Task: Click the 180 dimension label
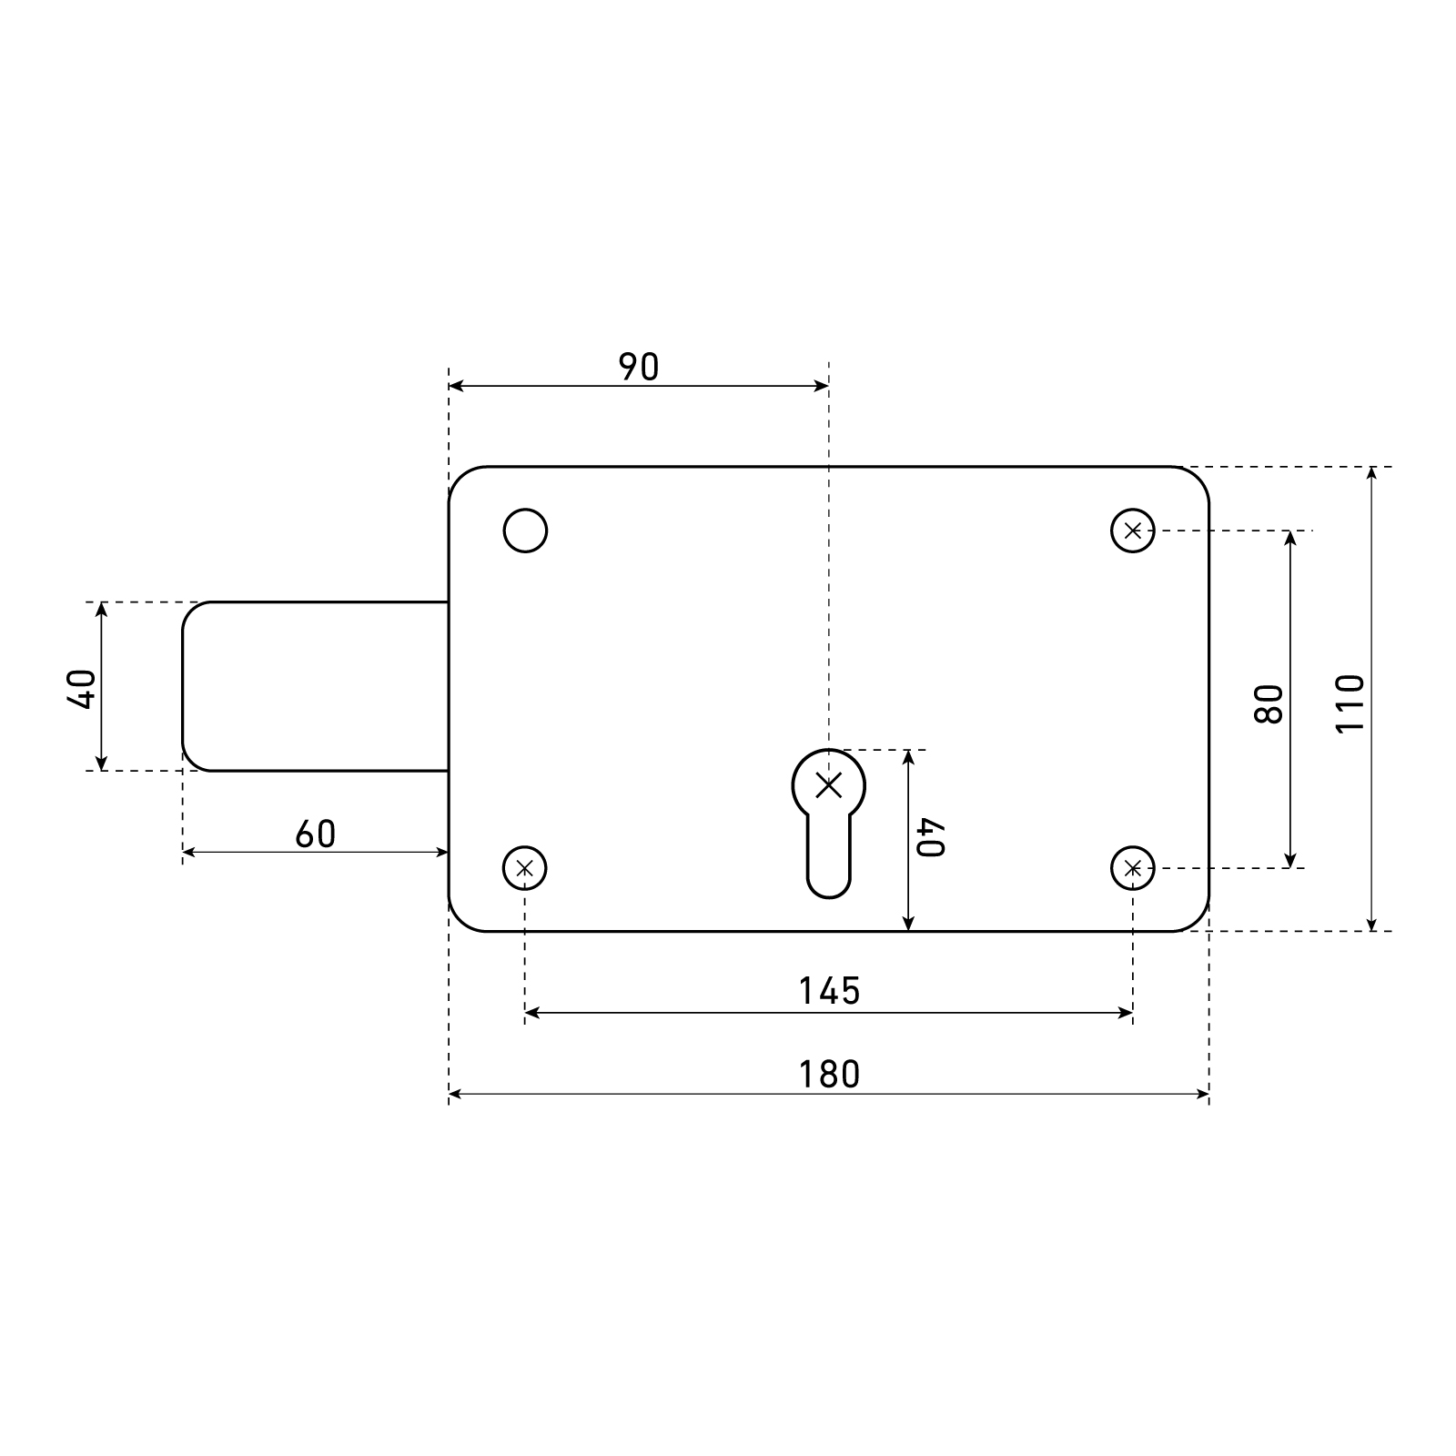(829, 1075)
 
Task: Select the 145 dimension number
(829, 991)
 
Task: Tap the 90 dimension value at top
(638, 367)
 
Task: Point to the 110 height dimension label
(1350, 703)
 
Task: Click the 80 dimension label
(1269, 703)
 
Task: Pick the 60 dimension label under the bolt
(315, 834)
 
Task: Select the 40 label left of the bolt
(82, 689)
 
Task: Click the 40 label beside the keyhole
(932, 838)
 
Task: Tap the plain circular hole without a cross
(525, 531)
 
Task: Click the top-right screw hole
(1133, 531)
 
